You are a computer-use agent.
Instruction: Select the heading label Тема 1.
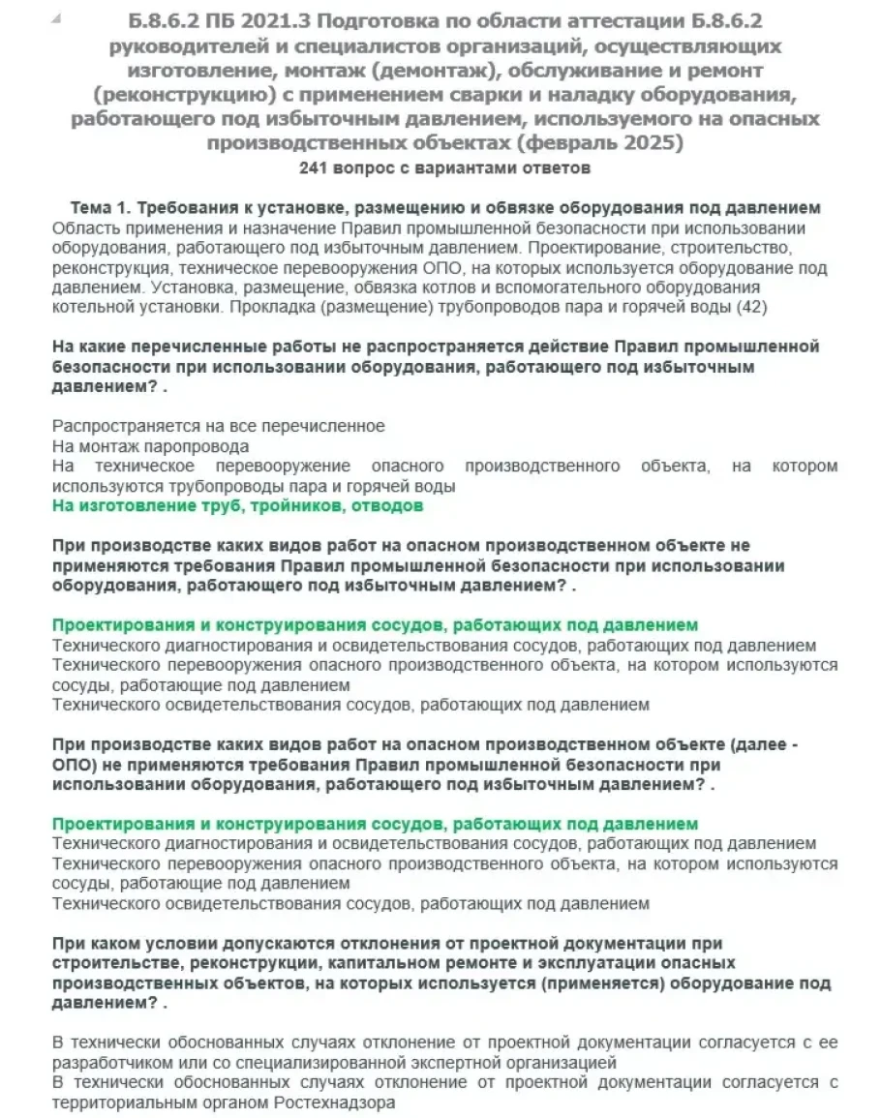[101, 208]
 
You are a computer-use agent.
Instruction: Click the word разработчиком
[102, 1062]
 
